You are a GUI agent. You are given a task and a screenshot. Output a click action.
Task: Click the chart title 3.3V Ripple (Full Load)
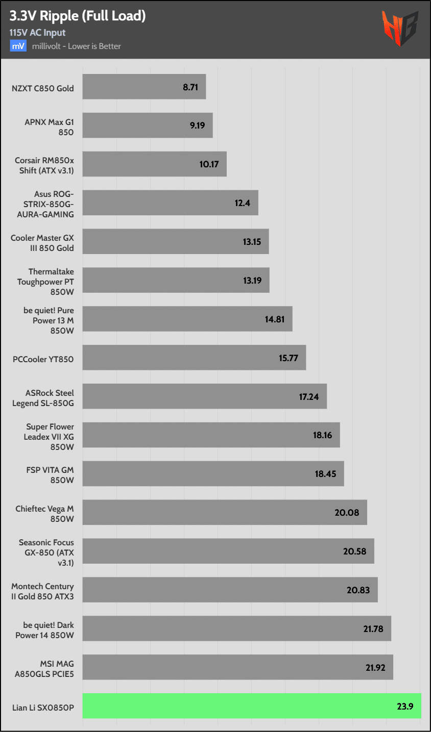coord(78,16)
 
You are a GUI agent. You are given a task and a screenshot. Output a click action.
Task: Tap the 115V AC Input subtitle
coord(37,33)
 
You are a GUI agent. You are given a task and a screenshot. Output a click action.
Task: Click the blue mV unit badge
coord(18,46)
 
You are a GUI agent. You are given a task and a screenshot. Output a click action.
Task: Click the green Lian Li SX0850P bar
coord(252,706)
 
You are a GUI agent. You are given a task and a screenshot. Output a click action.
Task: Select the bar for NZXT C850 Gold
coord(144,87)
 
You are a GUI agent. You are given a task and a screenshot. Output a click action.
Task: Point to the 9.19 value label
coord(198,125)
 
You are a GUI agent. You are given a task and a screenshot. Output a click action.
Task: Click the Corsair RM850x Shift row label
coord(44,165)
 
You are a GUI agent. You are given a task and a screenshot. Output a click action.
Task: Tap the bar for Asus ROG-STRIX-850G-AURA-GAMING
coord(170,203)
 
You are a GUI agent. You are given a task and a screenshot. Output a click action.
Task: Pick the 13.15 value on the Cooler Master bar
coord(252,242)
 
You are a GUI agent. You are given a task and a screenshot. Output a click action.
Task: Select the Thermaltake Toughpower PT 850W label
coord(45,282)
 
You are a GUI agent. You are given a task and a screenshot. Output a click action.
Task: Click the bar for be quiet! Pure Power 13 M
coord(187,319)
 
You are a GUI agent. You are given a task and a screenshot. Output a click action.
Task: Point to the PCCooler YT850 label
coord(43,359)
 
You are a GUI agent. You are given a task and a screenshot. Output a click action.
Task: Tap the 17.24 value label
coord(309,397)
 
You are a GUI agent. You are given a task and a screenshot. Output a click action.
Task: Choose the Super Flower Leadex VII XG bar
coord(211,435)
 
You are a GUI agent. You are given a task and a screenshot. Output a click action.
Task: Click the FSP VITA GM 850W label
coord(50,475)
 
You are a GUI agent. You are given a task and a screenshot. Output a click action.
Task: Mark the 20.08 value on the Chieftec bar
coord(347,513)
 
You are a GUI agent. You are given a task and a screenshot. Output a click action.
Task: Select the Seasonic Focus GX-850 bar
coord(228,551)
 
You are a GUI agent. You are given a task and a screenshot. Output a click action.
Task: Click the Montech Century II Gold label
coord(42,591)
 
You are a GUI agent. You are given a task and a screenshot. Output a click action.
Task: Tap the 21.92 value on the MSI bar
coord(375,668)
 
